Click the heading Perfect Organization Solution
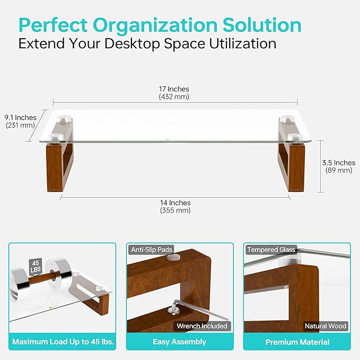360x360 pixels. point(160,24)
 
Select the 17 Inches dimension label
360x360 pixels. point(174,89)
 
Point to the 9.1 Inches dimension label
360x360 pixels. point(20,117)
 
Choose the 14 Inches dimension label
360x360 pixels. point(175,203)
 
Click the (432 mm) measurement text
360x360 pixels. point(174,97)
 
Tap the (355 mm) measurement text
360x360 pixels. point(175,210)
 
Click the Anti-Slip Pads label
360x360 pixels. point(151,250)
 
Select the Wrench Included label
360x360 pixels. point(202,326)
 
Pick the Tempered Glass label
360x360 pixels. point(271,250)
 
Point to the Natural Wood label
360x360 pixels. point(326,326)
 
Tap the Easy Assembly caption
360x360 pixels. point(179,342)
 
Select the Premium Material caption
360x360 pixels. point(297,342)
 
